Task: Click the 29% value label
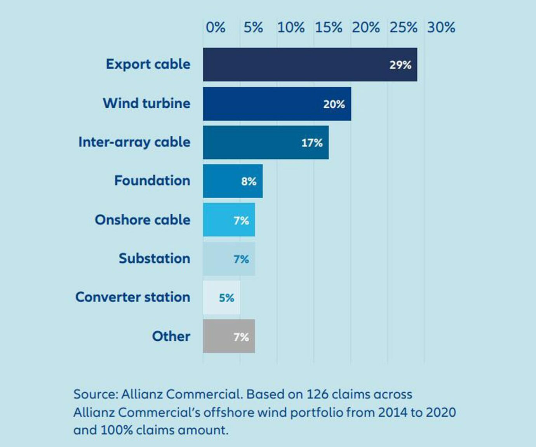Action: [400, 65]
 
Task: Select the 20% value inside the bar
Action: [334, 104]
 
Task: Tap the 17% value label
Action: [312, 143]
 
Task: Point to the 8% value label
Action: [249, 181]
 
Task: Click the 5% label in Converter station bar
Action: [226, 298]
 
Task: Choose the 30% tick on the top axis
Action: [441, 28]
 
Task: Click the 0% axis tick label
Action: [215, 28]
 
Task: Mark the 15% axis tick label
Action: [328, 28]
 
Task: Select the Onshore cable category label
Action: [143, 220]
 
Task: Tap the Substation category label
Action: [154, 258]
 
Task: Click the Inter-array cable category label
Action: [134, 142]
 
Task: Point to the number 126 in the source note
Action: [318, 394]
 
